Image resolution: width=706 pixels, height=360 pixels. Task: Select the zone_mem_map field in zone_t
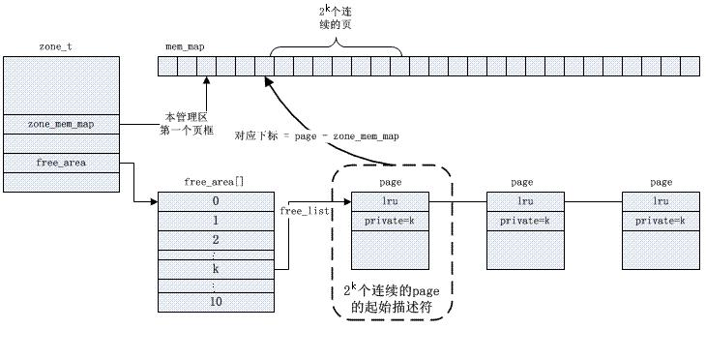click(x=60, y=124)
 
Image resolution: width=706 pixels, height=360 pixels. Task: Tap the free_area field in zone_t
click(x=60, y=163)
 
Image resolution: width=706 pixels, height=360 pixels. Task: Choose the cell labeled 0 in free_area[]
click(x=215, y=201)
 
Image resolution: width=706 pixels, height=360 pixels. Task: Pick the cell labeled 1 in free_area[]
click(x=215, y=220)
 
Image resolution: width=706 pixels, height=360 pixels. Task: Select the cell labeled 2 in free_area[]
click(x=215, y=238)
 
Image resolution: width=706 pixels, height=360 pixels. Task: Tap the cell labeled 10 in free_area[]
click(x=215, y=302)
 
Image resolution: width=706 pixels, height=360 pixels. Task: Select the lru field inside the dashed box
click(x=390, y=202)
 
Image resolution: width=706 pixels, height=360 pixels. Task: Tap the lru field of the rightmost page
click(x=662, y=202)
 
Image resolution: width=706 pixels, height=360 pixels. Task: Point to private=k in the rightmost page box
click(x=662, y=221)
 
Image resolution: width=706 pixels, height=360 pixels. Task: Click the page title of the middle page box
click(x=522, y=182)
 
